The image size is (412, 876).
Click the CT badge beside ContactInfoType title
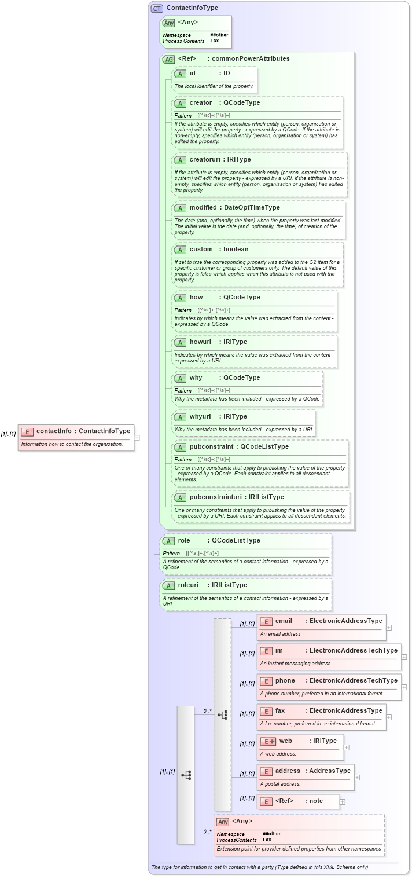(x=157, y=8)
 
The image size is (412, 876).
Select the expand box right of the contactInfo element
(x=137, y=438)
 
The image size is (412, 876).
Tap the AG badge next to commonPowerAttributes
(x=169, y=59)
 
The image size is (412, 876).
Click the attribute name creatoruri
(x=205, y=159)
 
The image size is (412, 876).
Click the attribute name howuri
(x=200, y=342)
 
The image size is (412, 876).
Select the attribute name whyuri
(x=200, y=416)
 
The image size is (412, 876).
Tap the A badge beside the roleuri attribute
(x=168, y=585)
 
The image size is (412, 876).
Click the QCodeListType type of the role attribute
(x=236, y=540)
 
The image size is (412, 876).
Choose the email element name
(x=284, y=621)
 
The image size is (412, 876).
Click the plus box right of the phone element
(x=404, y=687)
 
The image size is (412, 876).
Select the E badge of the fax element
(x=266, y=711)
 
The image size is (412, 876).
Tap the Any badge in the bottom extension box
(x=223, y=822)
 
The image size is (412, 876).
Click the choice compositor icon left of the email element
(x=223, y=715)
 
